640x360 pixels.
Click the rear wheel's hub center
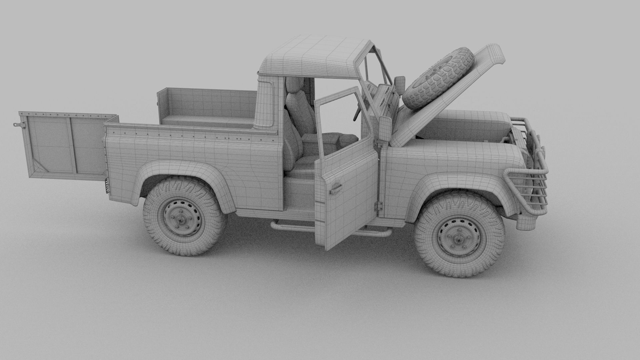181,219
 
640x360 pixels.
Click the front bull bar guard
530,187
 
